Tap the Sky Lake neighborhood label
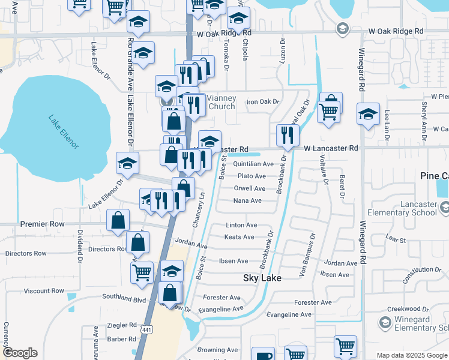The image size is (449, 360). (x=262, y=278)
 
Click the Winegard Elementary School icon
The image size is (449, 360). (x=385, y=323)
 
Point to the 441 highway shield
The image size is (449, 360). (x=146, y=329)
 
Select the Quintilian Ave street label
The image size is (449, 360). (x=253, y=164)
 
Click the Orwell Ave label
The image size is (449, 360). (x=250, y=188)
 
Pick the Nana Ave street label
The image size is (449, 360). (x=247, y=200)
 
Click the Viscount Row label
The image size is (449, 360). (x=44, y=291)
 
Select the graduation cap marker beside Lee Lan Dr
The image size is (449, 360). (x=368, y=114)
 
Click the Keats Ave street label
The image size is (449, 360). (x=240, y=238)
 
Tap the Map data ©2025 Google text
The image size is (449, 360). (x=411, y=355)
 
